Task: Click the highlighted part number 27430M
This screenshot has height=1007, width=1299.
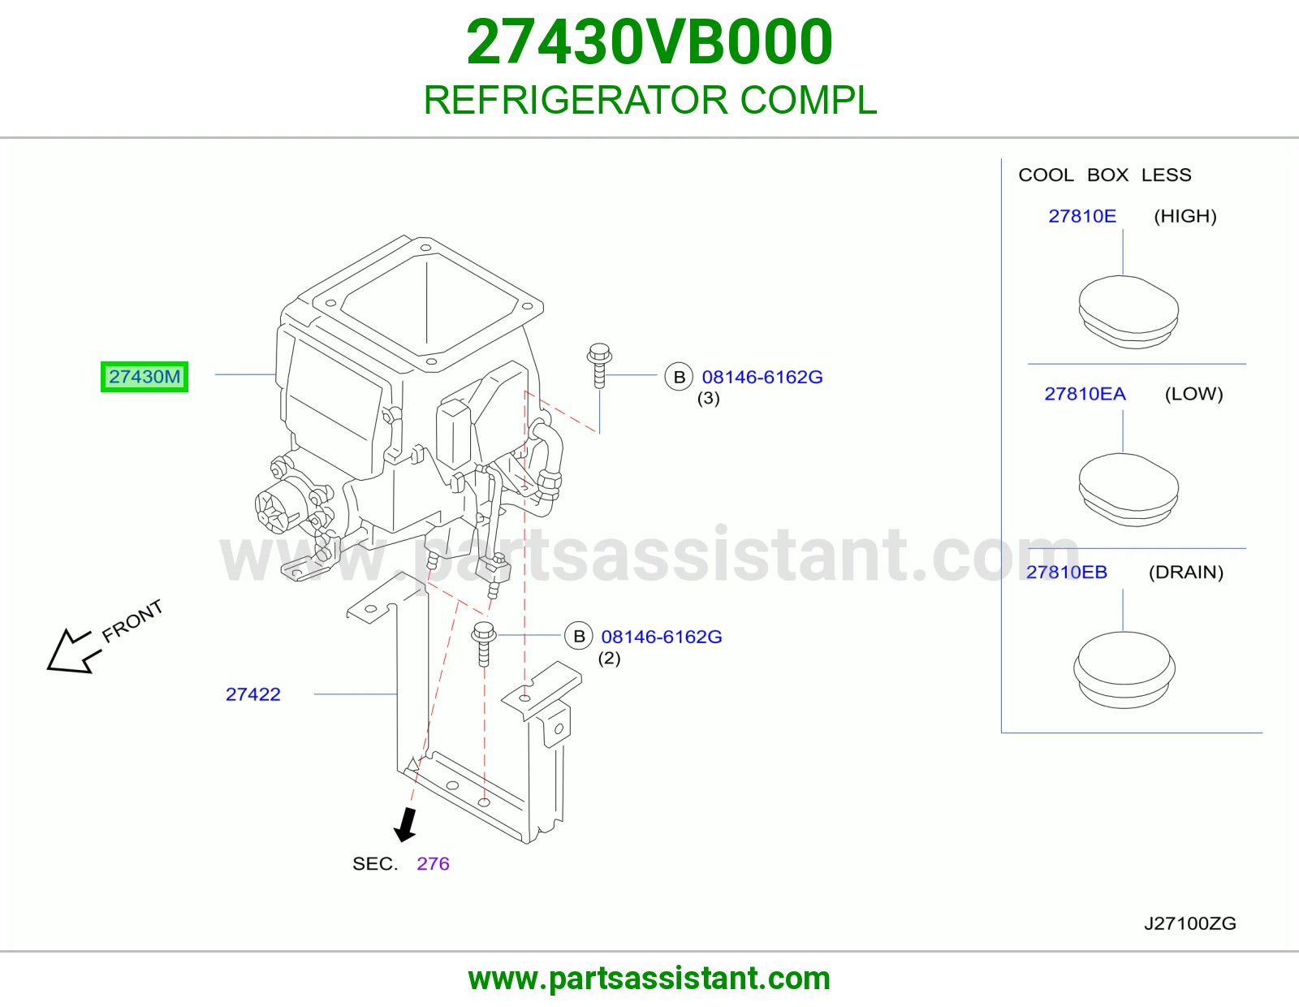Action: click(x=144, y=377)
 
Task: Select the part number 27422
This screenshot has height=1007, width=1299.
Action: click(x=252, y=694)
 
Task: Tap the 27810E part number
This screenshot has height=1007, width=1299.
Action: click(x=1082, y=216)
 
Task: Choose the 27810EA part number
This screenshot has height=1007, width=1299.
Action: click(x=1085, y=394)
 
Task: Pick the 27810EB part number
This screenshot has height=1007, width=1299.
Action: click(x=1067, y=572)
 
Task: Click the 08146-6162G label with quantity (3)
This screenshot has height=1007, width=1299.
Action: click(x=762, y=377)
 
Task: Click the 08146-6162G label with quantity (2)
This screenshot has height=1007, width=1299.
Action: click(x=662, y=636)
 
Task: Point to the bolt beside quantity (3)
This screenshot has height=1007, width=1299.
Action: click(x=600, y=365)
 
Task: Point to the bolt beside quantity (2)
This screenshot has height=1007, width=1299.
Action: click(x=484, y=643)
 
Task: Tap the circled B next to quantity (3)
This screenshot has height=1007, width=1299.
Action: click(x=679, y=377)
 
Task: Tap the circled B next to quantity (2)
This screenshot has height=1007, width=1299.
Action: click(x=579, y=636)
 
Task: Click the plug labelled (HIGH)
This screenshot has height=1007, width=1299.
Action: click(x=1129, y=312)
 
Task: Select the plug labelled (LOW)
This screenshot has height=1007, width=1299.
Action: click(x=1129, y=490)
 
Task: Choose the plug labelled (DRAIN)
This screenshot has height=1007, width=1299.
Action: click(x=1124, y=670)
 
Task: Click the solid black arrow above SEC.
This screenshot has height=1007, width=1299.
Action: click(x=406, y=824)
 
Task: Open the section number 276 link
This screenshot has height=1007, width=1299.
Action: click(x=433, y=863)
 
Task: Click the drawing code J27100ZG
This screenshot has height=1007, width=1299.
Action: click(x=1189, y=924)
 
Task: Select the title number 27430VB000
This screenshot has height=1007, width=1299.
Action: click(x=649, y=41)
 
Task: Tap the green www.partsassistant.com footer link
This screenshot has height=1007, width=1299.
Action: click(x=649, y=979)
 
